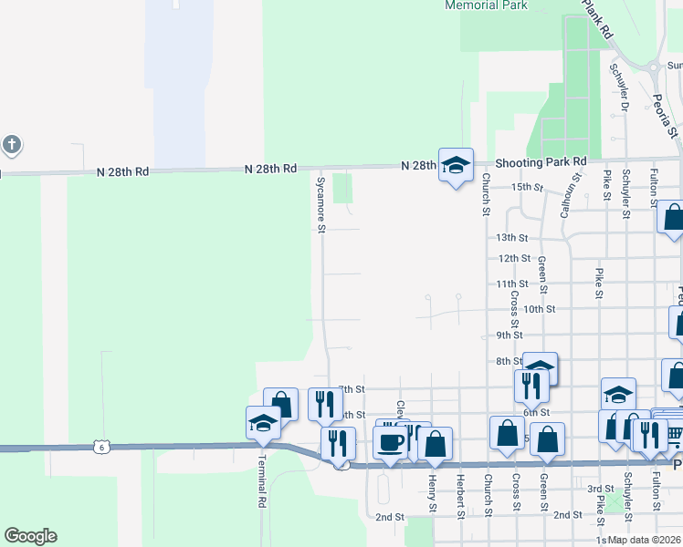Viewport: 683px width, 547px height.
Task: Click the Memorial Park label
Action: [x=486, y=5]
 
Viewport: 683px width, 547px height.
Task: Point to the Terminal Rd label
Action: [x=261, y=483]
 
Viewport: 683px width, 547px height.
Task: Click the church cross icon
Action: [x=11, y=144]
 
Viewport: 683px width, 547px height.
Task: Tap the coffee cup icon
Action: [x=392, y=443]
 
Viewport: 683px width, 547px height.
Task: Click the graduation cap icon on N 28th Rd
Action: [x=456, y=165]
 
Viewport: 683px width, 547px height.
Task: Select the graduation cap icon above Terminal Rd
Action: [x=263, y=423]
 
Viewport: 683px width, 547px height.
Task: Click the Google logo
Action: [x=31, y=536]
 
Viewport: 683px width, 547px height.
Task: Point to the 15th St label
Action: [x=527, y=187]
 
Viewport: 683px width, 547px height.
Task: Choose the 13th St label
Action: [x=512, y=237]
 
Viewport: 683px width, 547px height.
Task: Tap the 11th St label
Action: [x=512, y=284]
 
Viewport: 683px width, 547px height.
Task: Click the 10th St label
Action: [x=539, y=309]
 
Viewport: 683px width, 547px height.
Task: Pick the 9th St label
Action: [x=509, y=335]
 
